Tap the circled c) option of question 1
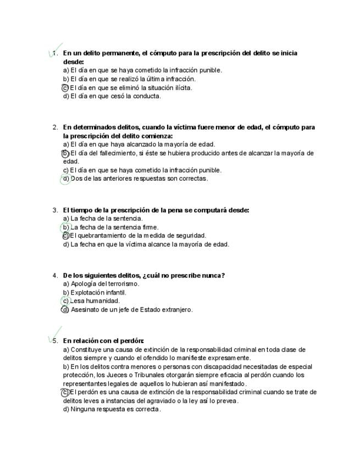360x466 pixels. (x=65, y=87)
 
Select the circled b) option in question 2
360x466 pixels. (x=65, y=153)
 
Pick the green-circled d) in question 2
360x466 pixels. (x=65, y=179)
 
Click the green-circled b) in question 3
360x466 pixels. (x=65, y=227)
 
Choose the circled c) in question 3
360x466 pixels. (x=65, y=236)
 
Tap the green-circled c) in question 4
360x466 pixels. (x=65, y=301)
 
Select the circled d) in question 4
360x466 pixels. (x=65, y=310)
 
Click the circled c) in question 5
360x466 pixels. (x=65, y=392)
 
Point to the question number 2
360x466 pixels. (x=55, y=127)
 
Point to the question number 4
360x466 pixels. (x=55, y=276)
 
